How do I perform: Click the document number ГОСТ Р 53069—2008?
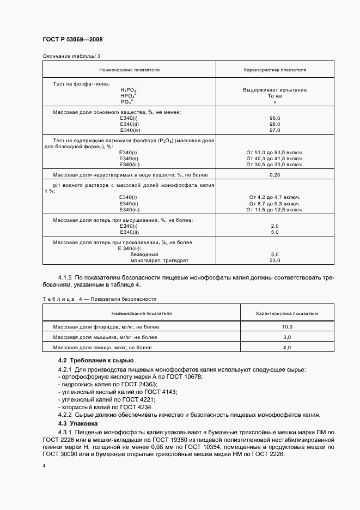pos(72,40)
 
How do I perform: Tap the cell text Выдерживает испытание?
pos(274,89)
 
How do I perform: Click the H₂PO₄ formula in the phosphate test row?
pos(130,90)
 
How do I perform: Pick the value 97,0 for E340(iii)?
pos(274,130)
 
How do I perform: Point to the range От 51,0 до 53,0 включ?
pos(274,152)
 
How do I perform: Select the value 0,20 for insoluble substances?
pos(274,175)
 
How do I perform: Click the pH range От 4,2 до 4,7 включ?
pos(274,197)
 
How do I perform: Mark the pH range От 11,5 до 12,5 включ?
pos(274,209)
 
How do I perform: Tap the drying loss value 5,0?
pos(274,232)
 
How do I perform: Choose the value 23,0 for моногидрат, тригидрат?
pos(274,260)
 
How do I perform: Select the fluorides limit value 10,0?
pos(287,326)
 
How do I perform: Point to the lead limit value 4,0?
pos(287,347)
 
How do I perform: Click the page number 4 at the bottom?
pos(44,466)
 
